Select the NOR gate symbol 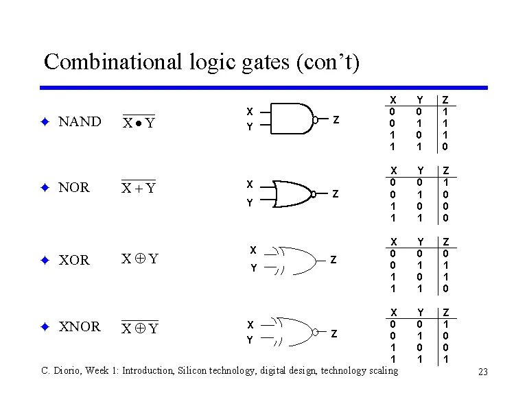pos(294,193)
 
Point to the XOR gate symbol pos(294,259)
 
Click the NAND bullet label pos(80,122)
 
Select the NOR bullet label pos(74,188)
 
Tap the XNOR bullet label pos(80,326)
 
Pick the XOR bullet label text pos(74,261)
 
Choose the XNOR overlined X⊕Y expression pos(139,328)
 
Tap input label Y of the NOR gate pos(250,203)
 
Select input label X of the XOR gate pos(253,250)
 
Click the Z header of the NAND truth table pos(445,100)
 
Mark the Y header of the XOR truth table pos(419,242)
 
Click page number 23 pos(483,372)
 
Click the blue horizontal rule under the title pos(263,88)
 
